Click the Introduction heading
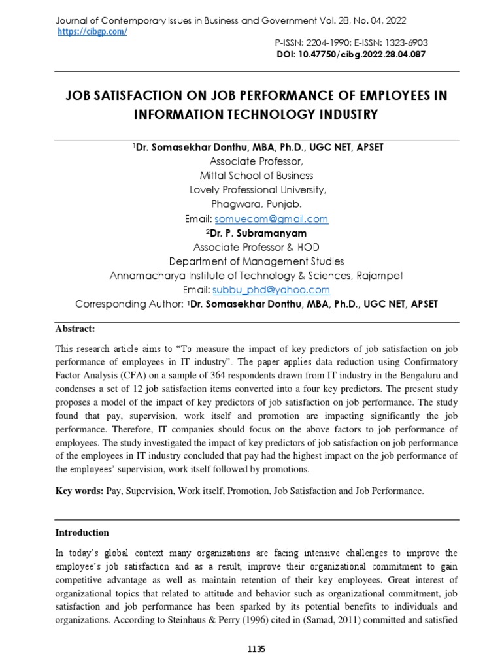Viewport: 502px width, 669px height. pyautogui.click(x=82, y=532)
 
